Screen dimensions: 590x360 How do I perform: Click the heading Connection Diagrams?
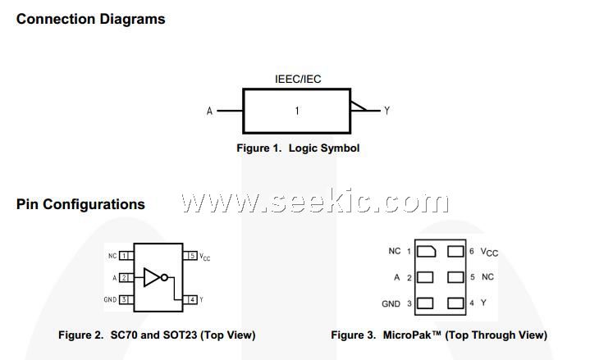(90, 19)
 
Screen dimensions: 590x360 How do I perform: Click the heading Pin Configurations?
(80, 204)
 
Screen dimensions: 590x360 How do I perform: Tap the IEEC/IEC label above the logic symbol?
(298, 80)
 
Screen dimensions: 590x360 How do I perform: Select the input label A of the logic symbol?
(209, 111)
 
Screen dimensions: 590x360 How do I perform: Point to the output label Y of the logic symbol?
(386, 111)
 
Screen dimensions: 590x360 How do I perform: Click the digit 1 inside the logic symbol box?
(297, 111)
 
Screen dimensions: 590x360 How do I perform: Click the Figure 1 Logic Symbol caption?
(298, 148)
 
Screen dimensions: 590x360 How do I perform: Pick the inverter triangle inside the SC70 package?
(152, 277)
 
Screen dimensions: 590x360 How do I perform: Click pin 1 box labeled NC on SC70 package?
(124, 256)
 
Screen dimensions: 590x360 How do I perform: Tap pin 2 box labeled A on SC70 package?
(124, 277)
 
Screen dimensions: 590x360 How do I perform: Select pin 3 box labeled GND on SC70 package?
(124, 299)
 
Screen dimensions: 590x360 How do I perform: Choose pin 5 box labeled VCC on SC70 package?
(192, 256)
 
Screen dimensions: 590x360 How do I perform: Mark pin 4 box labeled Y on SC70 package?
(192, 299)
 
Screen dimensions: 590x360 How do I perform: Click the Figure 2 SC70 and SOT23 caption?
(157, 335)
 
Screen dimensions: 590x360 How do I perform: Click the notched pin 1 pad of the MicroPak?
(426, 251)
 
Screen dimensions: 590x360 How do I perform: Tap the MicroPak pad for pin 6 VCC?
(456, 251)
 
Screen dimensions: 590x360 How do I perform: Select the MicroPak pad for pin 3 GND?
(426, 303)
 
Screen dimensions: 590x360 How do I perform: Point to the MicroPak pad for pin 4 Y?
(456, 303)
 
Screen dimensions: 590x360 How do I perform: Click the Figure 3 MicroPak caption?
(439, 335)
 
